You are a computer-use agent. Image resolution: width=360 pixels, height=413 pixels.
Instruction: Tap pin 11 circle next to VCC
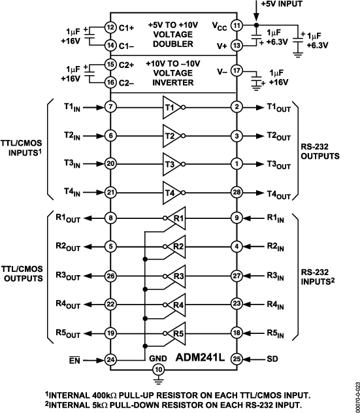[x=237, y=26]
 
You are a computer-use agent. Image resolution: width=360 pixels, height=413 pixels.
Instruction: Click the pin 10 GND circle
[x=157, y=370]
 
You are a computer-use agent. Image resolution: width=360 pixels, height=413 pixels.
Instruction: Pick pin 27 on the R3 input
[x=237, y=276]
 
